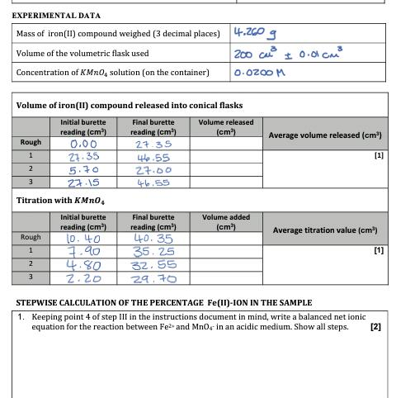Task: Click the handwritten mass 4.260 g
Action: (x=254, y=33)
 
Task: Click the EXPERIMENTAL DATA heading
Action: (x=56, y=15)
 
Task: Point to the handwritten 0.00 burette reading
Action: (x=83, y=143)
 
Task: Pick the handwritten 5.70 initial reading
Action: (x=83, y=169)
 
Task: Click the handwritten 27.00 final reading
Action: (x=153, y=169)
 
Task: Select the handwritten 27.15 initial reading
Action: (x=83, y=182)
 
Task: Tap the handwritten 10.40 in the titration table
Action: (x=83, y=239)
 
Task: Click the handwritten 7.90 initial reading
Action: (x=83, y=251)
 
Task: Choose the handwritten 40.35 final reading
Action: (x=153, y=239)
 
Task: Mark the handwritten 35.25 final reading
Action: (x=153, y=251)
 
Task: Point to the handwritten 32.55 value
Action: (x=153, y=265)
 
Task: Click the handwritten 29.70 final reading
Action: (x=153, y=278)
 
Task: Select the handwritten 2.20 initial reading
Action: (x=83, y=278)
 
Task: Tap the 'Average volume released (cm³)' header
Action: (x=325, y=135)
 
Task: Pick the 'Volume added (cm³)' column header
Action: (x=226, y=221)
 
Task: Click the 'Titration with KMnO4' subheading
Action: (x=61, y=201)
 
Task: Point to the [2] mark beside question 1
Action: (x=375, y=327)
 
